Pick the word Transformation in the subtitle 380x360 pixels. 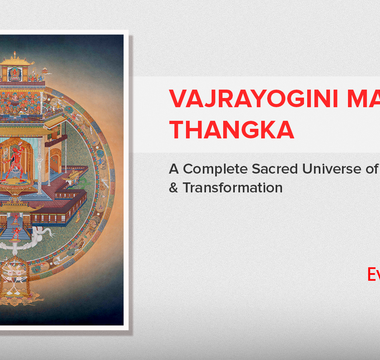click(226, 187)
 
